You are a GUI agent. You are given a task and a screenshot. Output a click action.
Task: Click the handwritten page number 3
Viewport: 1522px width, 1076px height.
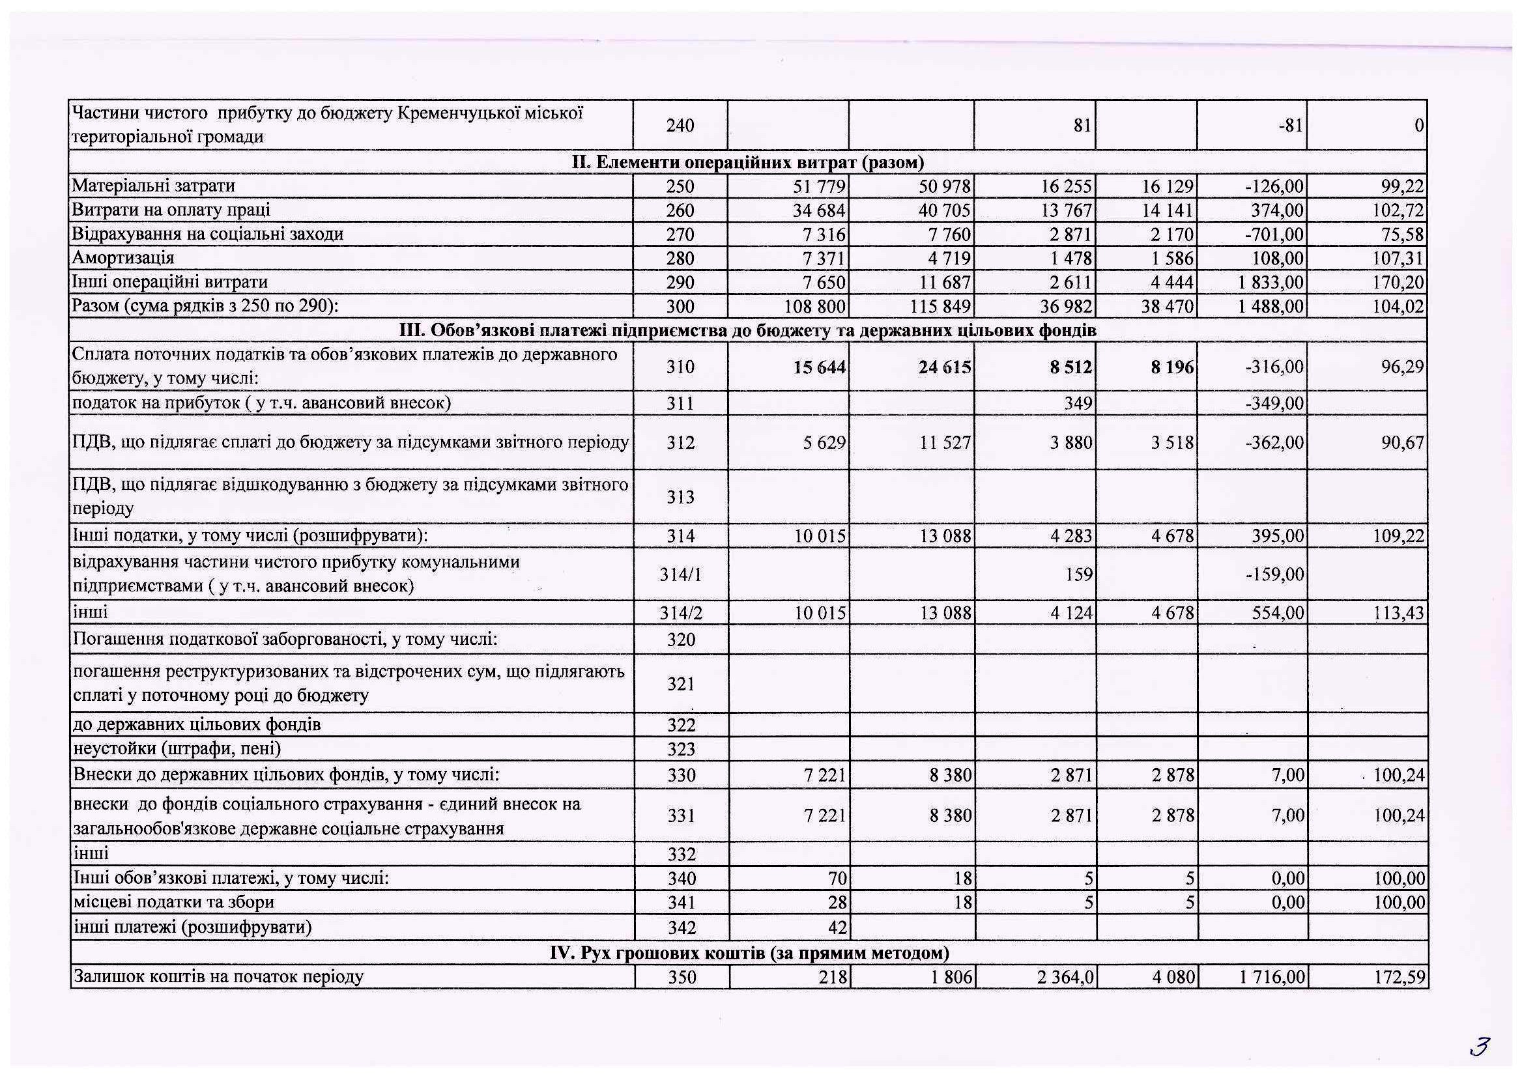coord(1480,1046)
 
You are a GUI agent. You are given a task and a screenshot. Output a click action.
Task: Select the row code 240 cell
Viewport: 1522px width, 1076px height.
coord(680,125)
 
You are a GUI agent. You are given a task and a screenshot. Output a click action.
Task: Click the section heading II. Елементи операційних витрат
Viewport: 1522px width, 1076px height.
coord(748,162)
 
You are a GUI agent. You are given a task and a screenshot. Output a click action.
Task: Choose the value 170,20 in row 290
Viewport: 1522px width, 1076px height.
coord(1399,283)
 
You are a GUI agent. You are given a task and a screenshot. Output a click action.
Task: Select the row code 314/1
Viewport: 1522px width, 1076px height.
coord(680,574)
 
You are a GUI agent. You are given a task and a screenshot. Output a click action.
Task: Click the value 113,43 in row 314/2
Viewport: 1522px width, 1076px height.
coord(1399,614)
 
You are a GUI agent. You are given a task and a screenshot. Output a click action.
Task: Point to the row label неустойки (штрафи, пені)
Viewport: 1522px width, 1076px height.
coord(177,748)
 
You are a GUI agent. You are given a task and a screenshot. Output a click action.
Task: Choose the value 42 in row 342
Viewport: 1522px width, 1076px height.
coord(838,927)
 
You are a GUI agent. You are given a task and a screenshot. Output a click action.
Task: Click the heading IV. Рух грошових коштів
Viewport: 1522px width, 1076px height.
coord(749,953)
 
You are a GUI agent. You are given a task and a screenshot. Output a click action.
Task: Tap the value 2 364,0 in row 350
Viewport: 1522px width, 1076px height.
coord(1065,977)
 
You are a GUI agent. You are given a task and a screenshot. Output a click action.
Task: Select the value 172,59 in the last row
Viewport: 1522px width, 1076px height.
coord(1400,977)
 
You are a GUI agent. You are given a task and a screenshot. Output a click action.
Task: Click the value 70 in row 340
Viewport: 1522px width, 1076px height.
coord(837,879)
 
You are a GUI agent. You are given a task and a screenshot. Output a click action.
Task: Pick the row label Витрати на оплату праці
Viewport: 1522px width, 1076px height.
coord(171,210)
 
